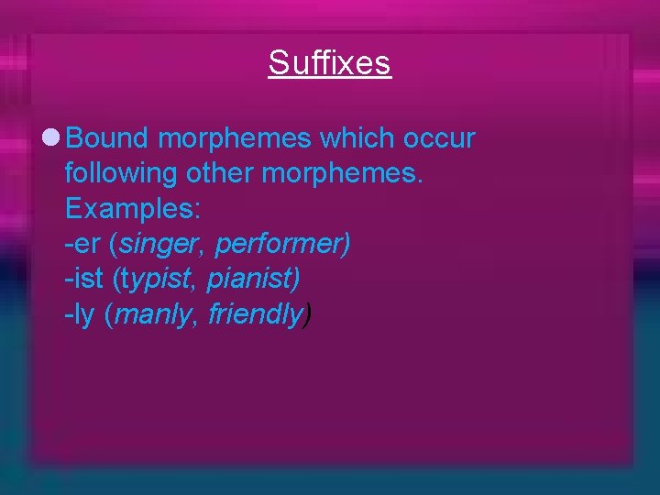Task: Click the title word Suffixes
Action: click(x=330, y=63)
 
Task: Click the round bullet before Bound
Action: click(x=51, y=138)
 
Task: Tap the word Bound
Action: click(x=107, y=138)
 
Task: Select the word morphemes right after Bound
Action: click(x=234, y=138)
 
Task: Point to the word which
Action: click(x=360, y=138)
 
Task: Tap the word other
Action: click(x=220, y=174)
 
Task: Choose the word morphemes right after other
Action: click(x=343, y=174)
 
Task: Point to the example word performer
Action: click(x=280, y=245)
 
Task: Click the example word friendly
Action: click(x=254, y=315)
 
